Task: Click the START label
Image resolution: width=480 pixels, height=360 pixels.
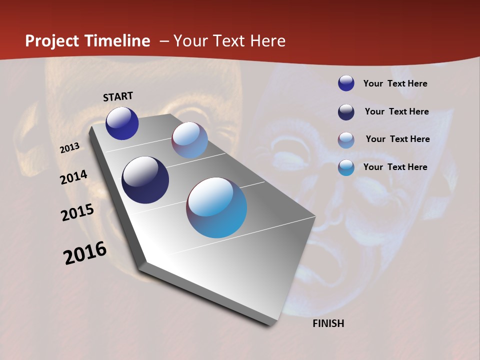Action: click(x=118, y=96)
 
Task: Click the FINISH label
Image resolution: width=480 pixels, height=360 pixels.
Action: click(x=328, y=323)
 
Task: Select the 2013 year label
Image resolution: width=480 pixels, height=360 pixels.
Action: click(x=70, y=148)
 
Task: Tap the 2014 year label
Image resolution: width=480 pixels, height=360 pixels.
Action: click(x=73, y=177)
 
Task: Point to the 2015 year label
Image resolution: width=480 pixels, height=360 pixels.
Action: click(x=77, y=212)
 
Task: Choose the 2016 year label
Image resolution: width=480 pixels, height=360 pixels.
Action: click(x=85, y=253)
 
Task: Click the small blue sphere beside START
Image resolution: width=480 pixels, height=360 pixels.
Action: click(x=122, y=123)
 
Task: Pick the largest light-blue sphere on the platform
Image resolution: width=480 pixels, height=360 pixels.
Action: click(x=216, y=207)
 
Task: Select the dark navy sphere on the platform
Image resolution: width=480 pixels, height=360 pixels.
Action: click(x=145, y=180)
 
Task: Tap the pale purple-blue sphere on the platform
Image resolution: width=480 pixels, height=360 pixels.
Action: click(x=189, y=140)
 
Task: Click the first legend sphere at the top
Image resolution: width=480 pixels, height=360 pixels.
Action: click(x=346, y=83)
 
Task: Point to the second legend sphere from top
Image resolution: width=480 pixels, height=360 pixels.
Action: click(x=346, y=112)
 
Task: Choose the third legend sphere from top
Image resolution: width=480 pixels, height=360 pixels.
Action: click(x=346, y=140)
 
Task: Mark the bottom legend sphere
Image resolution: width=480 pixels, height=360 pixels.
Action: click(x=346, y=167)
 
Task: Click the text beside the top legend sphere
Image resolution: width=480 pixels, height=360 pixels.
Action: click(x=395, y=83)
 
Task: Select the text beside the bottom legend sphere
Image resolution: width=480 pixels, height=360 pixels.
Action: click(x=395, y=167)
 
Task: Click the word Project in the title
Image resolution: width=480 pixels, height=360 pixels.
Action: click(x=52, y=41)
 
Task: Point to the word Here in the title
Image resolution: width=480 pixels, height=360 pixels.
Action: click(x=267, y=41)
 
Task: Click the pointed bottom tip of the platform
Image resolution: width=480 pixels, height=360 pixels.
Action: click(x=273, y=324)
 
